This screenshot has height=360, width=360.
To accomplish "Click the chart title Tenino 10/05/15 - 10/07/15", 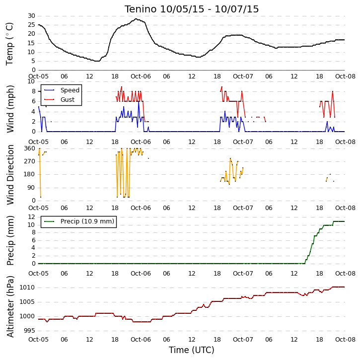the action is (192, 9).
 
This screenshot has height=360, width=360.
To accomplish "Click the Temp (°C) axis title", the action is (9, 44).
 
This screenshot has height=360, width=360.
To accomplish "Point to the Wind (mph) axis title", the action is (10, 109).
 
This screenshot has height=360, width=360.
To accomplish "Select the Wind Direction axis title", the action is (10, 175).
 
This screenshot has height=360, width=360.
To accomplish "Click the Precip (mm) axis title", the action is (10, 241).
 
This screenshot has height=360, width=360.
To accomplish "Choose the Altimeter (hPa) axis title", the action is (10, 306).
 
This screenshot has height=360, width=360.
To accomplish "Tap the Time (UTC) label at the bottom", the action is (192, 350).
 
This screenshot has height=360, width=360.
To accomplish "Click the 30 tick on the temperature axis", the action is (31, 16).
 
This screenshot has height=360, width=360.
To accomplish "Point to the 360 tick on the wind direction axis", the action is (30, 148).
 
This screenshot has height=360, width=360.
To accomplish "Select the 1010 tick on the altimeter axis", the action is (27, 288).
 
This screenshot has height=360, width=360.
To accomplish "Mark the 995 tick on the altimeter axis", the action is (30, 331).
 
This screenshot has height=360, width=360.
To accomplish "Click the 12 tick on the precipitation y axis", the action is (31, 216).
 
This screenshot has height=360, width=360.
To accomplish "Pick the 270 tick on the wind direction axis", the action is (30, 161).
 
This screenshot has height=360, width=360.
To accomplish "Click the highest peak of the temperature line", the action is (136, 19).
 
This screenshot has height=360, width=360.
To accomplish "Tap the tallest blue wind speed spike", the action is (139, 101).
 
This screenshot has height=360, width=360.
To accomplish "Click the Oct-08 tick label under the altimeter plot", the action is (345, 339).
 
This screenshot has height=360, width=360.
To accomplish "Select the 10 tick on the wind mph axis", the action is (31, 81).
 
